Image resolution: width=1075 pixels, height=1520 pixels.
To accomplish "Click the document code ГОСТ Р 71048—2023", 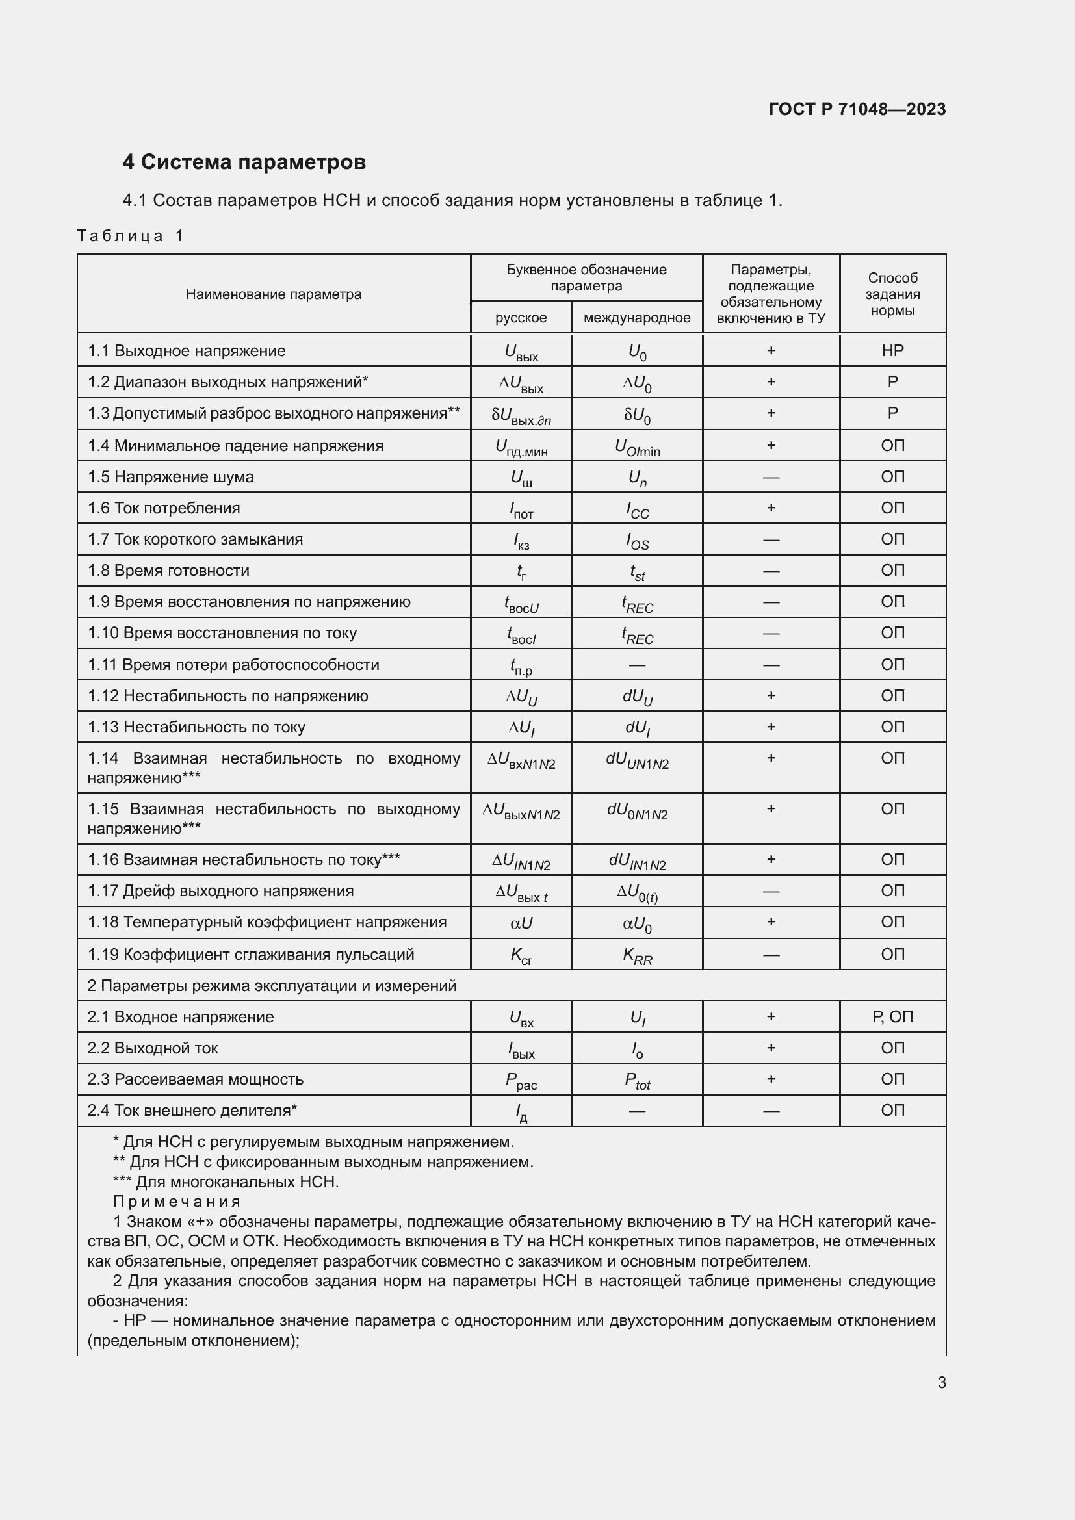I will click(857, 109).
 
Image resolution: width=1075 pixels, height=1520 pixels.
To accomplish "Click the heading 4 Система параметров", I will click(244, 162).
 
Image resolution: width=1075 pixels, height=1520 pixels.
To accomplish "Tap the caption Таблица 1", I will click(130, 236).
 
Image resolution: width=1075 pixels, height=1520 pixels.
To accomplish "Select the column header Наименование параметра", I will click(274, 294).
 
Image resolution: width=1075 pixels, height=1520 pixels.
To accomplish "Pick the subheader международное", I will click(637, 318).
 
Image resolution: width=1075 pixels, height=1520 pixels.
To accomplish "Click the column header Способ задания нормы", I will click(892, 294).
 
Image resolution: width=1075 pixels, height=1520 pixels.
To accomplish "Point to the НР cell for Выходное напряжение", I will click(892, 351).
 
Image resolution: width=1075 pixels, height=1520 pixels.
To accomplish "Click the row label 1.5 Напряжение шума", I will click(171, 476).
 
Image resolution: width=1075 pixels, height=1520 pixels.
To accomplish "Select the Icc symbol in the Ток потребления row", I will click(638, 509).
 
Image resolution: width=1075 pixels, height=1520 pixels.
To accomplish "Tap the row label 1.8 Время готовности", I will click(169, 571).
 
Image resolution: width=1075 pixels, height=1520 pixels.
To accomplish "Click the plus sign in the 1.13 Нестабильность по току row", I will click(771, 727).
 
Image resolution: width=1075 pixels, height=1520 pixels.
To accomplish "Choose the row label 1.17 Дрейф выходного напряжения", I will click(221, 891).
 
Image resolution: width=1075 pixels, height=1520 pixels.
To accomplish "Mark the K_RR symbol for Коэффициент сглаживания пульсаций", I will click(638, 955).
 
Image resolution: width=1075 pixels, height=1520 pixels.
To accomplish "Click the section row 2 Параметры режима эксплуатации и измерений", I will click(272, 986).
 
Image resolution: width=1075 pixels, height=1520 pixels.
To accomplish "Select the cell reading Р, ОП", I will click(892, 1017).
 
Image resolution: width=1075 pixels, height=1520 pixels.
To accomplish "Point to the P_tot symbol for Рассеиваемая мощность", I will click(638, 1081).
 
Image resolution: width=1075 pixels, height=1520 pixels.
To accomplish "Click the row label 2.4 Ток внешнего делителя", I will click(192, 1110).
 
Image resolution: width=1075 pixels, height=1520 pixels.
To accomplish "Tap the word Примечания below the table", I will click(177, 1202).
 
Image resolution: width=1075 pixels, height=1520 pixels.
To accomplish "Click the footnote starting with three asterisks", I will click(226, 1181).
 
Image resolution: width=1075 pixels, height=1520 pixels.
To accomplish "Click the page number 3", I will click(941, 1382).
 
